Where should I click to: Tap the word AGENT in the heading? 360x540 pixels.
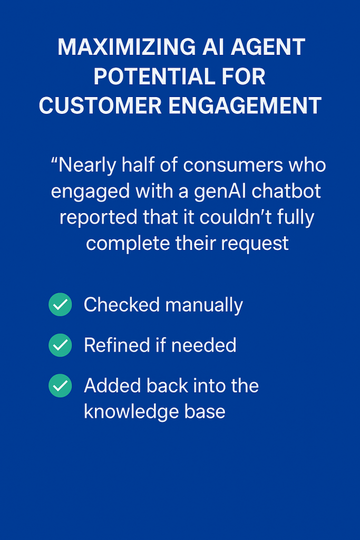pyautogui.click(x=268, y=47)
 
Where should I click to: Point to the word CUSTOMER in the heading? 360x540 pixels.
pyautogui.click(x=100, y=105)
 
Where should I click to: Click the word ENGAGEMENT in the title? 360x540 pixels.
pyautogui.click(x=245, y=105)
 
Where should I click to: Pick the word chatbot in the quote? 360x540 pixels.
pyautogui.click(x=286, y=191)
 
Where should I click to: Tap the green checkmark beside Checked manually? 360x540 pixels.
pyautogui.click(x=60, y=304)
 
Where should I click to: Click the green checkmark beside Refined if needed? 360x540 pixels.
pyautogui.click(x=60, y=345)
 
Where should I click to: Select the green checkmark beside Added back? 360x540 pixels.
pyautogui.click(x=60, y=385)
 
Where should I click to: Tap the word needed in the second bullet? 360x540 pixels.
pyautogui.click(x=204, y=345)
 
